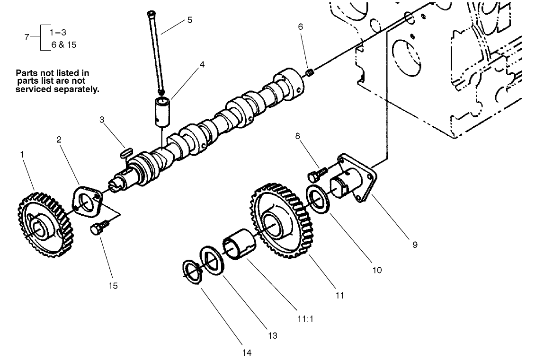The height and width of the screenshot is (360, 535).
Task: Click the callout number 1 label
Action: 22,154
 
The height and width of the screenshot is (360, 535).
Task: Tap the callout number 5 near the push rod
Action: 189,20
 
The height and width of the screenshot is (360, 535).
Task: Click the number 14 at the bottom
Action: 247,352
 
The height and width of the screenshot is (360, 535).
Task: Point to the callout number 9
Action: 415,245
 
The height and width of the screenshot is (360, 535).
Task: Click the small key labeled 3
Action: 125,152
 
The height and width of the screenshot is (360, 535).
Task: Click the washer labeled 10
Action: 319,199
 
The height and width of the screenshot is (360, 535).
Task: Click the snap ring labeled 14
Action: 193,272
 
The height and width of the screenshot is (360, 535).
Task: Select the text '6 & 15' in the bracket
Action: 63,45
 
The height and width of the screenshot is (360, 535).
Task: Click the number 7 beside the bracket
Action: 27,37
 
